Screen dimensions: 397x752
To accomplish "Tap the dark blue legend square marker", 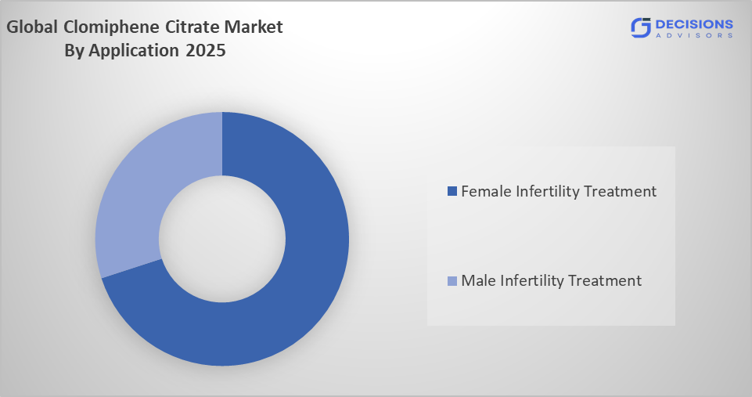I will tap(452, 191).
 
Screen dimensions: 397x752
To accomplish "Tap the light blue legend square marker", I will tap(452, 280).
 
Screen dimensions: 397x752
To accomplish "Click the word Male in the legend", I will tap(477, 280).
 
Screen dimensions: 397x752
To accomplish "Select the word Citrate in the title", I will tap(196, 27).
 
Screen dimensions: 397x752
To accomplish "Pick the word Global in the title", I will tap(33, 27).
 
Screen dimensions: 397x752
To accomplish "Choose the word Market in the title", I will tap(257, 27).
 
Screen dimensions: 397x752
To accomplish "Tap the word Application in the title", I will tap(133, 52).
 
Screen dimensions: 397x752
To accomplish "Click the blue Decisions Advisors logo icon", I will tap(641, 27).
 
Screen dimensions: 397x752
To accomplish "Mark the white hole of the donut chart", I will tap(222, 238).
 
